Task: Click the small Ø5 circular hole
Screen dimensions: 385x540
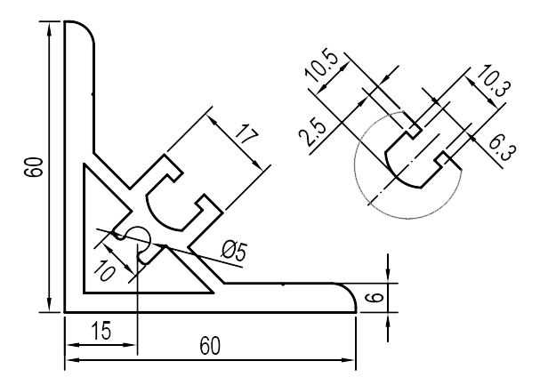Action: pyautogui.click(x=137, y=238)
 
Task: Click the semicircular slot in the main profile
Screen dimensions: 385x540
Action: pyautogui.click(x=169, y=205)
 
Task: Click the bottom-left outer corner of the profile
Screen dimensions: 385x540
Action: pyautogui.click(x=66, y=311)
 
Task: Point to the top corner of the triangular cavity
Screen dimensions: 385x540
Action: pyautogui.click(x=85, y=164)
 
